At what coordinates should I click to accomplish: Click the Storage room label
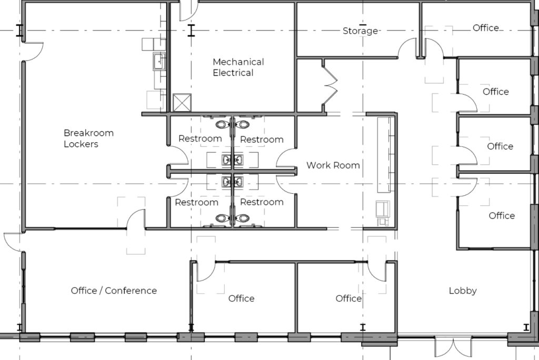[360, 31]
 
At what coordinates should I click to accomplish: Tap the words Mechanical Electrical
[238, 67]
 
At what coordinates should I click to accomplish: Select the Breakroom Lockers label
[88, 138]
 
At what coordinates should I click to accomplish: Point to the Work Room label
[333, 165]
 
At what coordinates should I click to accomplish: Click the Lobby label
[463, 291]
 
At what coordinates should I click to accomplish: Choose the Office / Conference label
[114, 291]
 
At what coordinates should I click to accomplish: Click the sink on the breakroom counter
[159, 61]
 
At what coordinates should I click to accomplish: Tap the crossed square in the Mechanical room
[182, 103]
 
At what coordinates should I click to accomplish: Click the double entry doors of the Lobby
[453, 347]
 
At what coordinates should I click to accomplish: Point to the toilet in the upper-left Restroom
[223, 124]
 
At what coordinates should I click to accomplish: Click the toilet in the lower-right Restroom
[243, 218]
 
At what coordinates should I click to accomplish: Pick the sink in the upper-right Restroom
[238, 159]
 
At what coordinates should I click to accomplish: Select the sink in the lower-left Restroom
[226, 182]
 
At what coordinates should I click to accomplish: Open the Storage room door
[408, 48]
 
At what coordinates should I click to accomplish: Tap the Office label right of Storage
[485, 28]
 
